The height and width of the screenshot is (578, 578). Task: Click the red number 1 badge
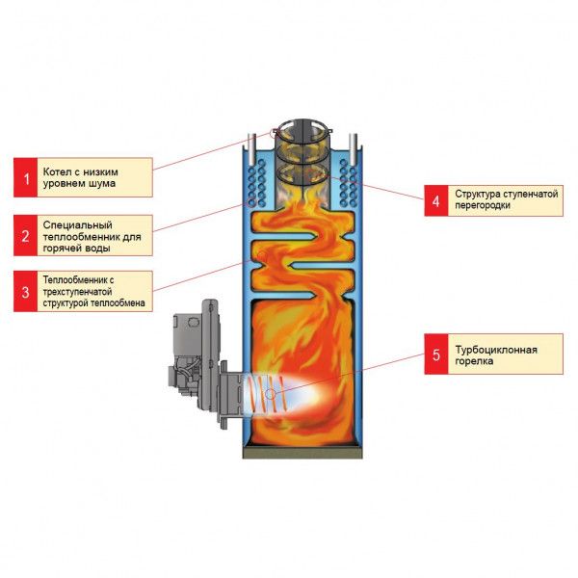point(29,177)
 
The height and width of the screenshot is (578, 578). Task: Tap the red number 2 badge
point(29,234)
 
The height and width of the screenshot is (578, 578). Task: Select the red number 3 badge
point(29,291)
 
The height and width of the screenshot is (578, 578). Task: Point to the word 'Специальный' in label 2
point(78,223)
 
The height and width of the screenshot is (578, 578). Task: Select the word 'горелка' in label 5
point(476,361)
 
